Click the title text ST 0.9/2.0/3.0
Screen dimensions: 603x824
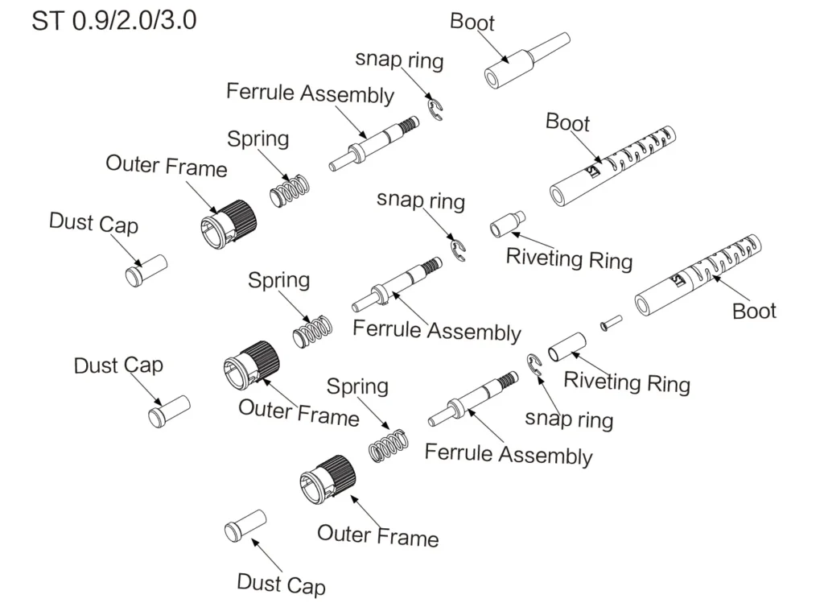coord(113,20)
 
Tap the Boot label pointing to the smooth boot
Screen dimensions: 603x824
coord(472,22)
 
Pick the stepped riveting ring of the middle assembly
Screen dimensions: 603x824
coord(508,223)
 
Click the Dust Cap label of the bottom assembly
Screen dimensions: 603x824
coord(282,583)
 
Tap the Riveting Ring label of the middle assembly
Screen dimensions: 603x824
coord(569,258)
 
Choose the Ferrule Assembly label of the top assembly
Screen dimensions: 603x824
coord(310,93)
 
